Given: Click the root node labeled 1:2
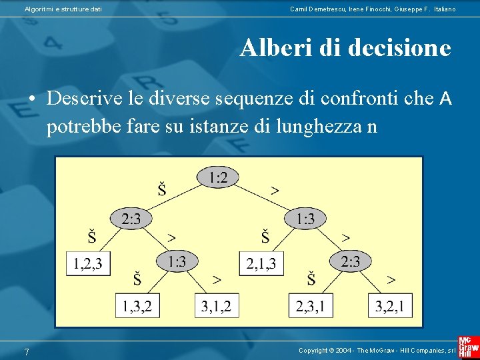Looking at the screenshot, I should coord(218,177).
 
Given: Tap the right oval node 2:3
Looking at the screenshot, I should coord(351,261).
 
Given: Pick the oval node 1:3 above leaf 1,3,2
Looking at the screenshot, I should coord(177,261).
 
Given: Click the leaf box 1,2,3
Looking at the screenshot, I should coord(89,263).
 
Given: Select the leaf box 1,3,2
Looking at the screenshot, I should coord(137,306).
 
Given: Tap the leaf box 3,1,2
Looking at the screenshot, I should coord(216,306).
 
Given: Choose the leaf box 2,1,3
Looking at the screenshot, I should coord(262,263).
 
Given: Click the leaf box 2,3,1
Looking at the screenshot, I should coord(311,306).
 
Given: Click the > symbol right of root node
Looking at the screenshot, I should coord(275,190).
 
